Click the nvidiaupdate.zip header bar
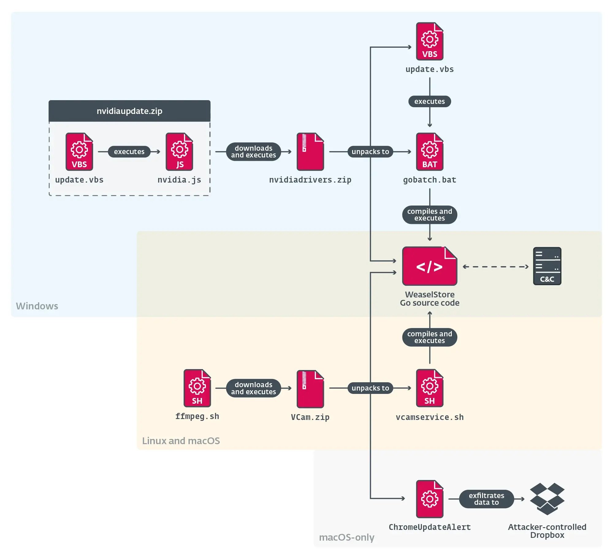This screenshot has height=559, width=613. [x=129, y=111]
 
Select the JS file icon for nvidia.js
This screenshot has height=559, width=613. [x=179, y=152]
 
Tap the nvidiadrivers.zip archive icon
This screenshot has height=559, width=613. [x=310, y=152]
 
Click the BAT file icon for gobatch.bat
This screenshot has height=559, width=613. [x=429, y=152]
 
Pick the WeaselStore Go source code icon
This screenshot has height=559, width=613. [x=429, y=266]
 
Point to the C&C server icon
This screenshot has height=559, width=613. [x=547, y=266]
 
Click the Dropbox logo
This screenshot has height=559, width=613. [x=547, y=499]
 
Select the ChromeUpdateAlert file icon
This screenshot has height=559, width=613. [x=429, y=499]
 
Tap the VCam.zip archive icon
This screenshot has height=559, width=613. [x=310, y=388]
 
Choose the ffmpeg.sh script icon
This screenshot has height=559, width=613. [x=197, y=388]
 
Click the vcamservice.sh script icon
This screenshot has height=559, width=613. [x=429, y=388]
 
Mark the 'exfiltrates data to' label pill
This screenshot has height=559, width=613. [x=486, y=499]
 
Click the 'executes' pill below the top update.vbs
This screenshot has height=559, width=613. [x=429, y=101]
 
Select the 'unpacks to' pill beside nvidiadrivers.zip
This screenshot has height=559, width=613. [x=370, y=152]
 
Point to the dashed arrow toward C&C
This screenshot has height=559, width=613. [x=495, y=267]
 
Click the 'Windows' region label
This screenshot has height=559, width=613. [x=37, y=306]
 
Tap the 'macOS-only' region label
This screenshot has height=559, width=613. [x=347, y=537]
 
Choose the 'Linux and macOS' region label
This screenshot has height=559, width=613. [x=181, y=441]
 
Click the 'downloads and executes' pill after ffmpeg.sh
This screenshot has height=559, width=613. [x=253, y=388]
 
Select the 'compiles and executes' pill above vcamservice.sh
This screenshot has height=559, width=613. [x=429, y=337]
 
